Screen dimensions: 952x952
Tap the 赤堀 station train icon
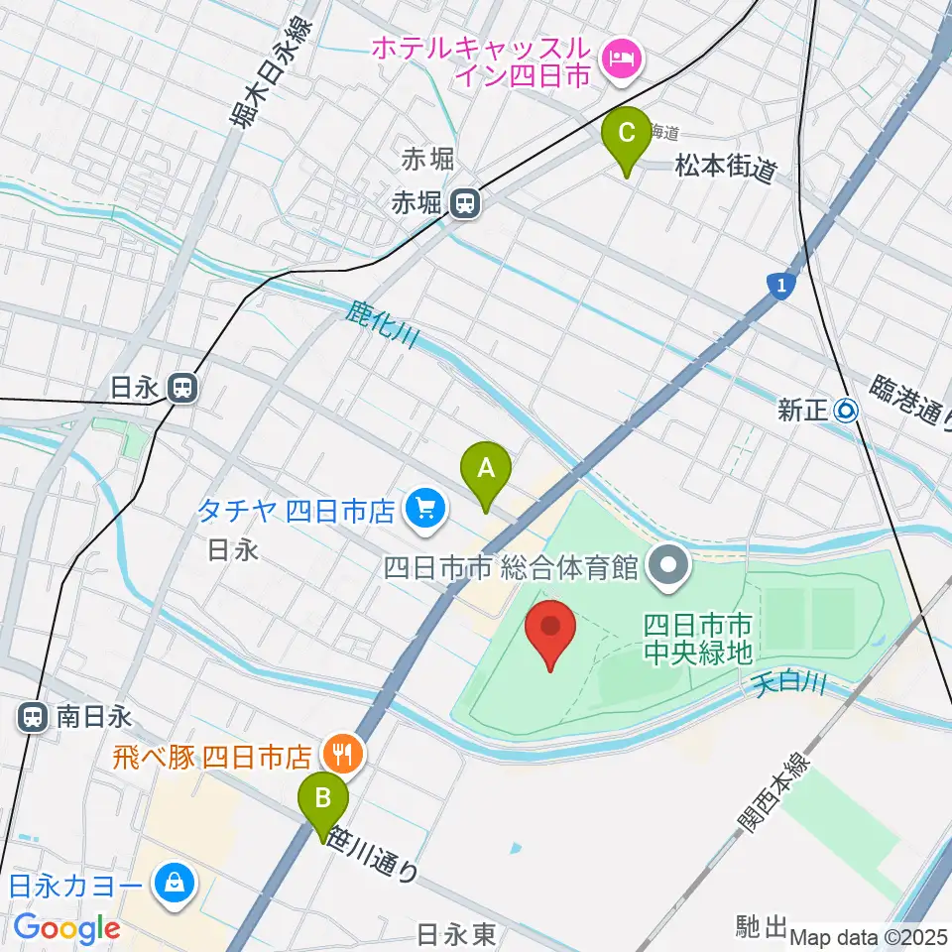click(x=463, y=203)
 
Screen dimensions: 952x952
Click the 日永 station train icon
click(x=181, y=387)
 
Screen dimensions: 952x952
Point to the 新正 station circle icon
click(x=846, y=410)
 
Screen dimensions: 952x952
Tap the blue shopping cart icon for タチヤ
click(x=427, y=511)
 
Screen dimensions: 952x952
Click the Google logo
click(x=66, y=929)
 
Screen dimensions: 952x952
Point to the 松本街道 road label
click(x=725, y=167)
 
